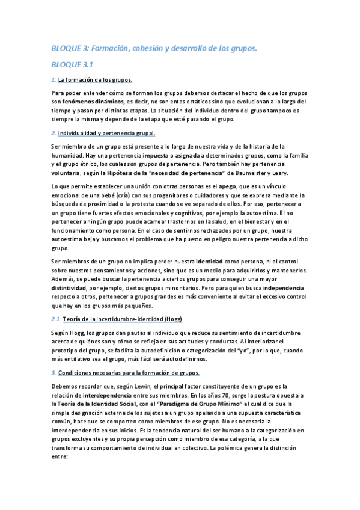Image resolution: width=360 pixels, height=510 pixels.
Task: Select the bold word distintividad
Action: tap(72, 288)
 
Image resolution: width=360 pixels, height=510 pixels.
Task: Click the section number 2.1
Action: tap(55, 318)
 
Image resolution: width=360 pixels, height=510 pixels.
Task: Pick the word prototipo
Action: tap(64, 351)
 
